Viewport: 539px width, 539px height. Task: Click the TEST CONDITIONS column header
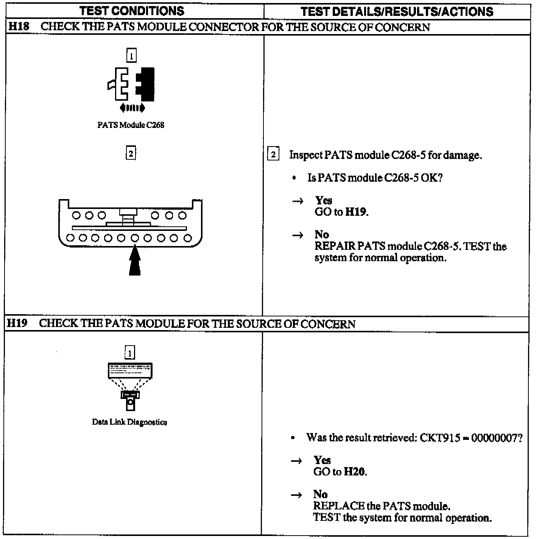132,11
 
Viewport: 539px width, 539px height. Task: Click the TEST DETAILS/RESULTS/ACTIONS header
397,11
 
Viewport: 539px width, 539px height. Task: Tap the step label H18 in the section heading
18,27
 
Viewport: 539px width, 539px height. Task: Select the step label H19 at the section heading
17,324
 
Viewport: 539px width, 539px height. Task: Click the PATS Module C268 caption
131,125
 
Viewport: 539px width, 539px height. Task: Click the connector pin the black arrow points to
135,238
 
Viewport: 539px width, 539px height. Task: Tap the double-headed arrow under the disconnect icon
132,108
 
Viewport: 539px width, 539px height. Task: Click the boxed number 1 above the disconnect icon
131,56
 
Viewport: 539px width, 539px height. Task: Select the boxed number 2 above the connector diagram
131,153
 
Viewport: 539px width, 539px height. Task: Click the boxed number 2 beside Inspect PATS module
273,155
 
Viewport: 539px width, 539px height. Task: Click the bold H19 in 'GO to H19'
356,212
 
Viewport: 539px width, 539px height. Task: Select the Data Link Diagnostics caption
129,422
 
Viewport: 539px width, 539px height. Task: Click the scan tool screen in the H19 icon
130,370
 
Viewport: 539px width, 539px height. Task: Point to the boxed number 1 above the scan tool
129,353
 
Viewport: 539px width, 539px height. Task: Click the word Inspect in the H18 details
305,155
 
